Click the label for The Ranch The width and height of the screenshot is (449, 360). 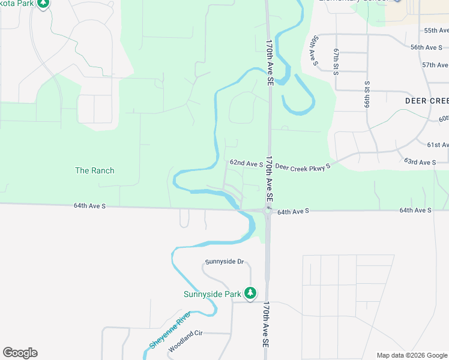point(94,170)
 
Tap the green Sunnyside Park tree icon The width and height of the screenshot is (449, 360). point(250,293)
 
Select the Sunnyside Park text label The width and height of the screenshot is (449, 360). point(212,294)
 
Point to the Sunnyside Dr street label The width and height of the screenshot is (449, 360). point(224,262)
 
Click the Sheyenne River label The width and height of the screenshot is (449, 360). point(170,330)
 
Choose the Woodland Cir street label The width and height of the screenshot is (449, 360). point(186,342)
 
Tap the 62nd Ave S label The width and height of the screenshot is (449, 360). point(246,163)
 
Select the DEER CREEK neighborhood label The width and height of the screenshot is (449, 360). point(427,101)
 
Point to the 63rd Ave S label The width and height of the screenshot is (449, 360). point(420,162)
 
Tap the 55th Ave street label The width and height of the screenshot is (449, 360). point(436,30)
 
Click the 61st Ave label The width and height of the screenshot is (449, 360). point(438,145)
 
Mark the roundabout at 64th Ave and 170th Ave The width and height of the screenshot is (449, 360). point(267,211)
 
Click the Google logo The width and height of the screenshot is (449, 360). point(20,353)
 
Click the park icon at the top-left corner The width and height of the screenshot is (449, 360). point(43,4)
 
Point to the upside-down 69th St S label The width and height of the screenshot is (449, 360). point(368,94)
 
